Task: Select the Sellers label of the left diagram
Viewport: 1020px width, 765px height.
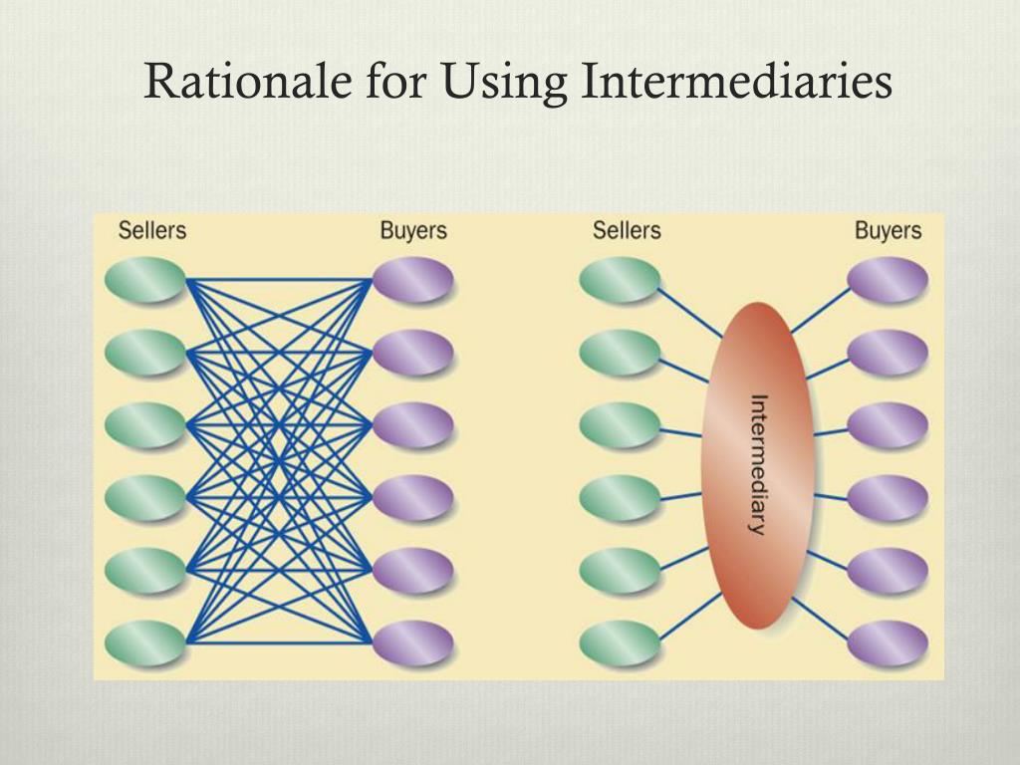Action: coord(152,231)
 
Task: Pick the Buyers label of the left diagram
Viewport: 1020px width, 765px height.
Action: coord(413,231)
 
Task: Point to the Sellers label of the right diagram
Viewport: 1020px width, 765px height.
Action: coord(627,231)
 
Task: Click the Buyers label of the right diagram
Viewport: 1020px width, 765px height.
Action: coord(888,231)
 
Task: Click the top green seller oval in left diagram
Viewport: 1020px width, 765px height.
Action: coord(145,280)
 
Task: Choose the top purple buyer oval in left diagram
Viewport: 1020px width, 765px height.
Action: coord(412,280)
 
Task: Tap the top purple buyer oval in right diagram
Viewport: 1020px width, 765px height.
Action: coord(888,280)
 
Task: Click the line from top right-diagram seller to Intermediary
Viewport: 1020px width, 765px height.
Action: coord(690,313)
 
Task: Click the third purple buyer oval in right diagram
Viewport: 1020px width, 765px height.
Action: coord(888,425)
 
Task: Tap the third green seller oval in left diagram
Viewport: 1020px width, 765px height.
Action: coord(145,425)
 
